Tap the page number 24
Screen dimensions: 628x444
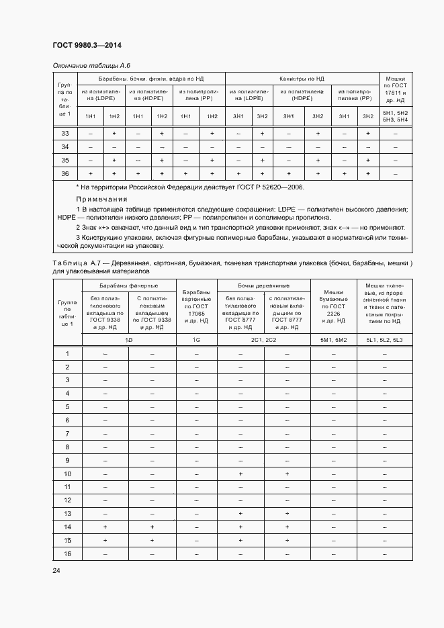coord(56,571)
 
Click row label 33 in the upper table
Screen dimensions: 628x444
coord(65,134)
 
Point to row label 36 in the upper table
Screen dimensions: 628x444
coord(65,173)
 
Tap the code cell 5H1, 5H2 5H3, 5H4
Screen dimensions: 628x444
coord(395,116)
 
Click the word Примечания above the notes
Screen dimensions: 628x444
coord(101,199)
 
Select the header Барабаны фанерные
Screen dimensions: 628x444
coord(128,286)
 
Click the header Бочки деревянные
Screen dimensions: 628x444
coord(263,286)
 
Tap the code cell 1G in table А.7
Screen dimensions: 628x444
coord(196,341)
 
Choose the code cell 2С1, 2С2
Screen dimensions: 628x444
coord(263,341)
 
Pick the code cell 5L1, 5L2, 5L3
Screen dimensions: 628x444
coord(384,341)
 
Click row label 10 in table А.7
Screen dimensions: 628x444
coord(67,474)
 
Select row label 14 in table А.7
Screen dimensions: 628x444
coord(67,527)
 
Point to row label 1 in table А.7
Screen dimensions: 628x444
coord(67,354)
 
